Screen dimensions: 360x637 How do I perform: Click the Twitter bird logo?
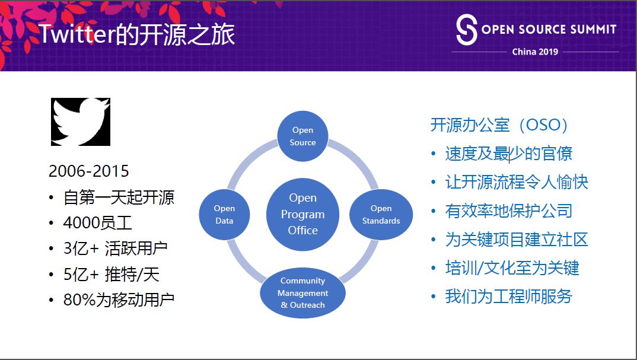(81, 122)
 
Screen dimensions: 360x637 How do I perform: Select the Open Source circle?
(302, 136)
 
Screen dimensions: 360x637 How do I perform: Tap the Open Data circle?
(224, 214)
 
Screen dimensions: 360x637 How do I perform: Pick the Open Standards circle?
(381, 214)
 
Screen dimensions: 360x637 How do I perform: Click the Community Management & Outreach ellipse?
(302, 293)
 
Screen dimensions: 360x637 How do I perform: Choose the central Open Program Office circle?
(302, 214)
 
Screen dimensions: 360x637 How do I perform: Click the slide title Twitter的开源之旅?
(137, 34)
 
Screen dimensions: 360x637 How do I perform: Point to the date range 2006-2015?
(88, 171)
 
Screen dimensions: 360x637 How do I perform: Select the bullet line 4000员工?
(97, 223)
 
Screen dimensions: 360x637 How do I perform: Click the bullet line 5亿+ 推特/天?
(111, 274)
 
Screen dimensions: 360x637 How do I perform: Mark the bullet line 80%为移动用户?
(119, 300)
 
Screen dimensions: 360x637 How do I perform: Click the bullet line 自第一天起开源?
(119, 197)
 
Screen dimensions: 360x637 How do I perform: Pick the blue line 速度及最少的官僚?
(508, 154)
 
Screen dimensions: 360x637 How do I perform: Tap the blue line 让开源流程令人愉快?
(516, 182)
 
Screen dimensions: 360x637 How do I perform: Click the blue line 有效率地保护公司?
(508, 211)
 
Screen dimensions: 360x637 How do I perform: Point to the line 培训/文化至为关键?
(512, 267)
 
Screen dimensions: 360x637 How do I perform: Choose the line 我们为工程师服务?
(508, 296)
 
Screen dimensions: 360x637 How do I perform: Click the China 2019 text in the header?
(535, 52)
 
